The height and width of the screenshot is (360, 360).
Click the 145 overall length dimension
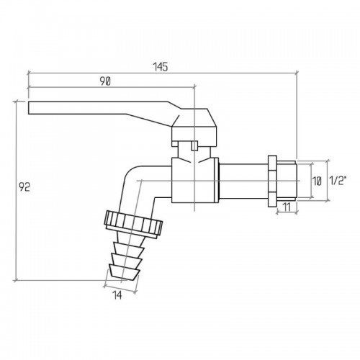point(161,67)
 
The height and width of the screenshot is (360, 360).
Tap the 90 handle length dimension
point(105,81)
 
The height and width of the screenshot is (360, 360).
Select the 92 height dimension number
point(24,187)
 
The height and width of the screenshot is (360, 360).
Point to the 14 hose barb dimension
point(117,295)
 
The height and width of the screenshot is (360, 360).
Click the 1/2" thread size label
point(338,180)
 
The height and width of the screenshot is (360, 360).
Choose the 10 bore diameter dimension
point(317,181)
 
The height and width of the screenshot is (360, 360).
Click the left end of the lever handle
point(29,108)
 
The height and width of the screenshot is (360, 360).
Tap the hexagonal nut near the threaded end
point(272,181)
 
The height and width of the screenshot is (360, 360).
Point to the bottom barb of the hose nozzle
point(124,272)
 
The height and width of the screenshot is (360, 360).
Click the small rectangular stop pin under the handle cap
point(194,145)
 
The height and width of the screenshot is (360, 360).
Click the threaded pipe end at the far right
point(287,181)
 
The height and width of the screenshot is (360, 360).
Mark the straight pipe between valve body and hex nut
point(243,181)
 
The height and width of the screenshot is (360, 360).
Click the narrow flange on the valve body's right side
point(217,180)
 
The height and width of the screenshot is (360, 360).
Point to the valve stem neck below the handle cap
point(194,152)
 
